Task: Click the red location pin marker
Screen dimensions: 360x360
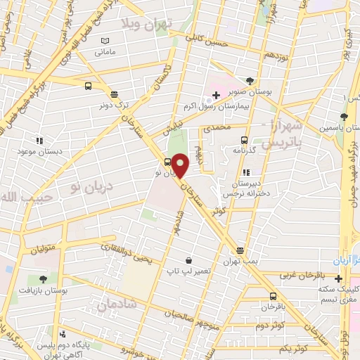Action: [x=181, y=165]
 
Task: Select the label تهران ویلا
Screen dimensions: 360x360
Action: [x=156, y=26]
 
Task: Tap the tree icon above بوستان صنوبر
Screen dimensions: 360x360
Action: [x=252, y=81]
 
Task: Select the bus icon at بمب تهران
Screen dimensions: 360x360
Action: [x=240, y=250]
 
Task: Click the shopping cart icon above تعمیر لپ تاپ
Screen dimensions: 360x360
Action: [x=188, y=260]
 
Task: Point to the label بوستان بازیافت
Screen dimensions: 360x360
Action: [x=43, y=289]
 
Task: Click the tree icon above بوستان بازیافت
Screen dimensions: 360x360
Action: [x=43, y=278]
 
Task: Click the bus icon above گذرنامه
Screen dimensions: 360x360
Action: [x=244, y=139]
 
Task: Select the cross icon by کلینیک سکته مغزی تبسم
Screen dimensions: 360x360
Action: [x=338, y=278]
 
